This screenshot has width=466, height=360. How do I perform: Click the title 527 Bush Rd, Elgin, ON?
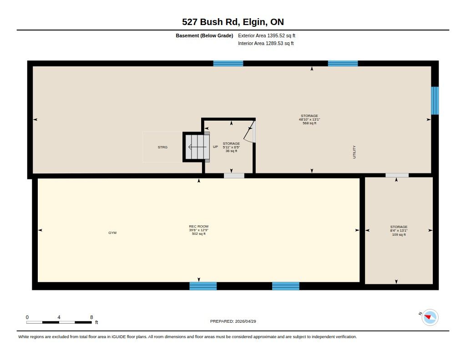click(233, 22)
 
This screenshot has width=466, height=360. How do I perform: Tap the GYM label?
click(112, 233)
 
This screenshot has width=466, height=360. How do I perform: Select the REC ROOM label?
click(199, 226)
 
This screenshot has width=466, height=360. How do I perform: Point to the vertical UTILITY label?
click(354, 152)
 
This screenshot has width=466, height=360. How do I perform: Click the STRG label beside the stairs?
click(162, 147)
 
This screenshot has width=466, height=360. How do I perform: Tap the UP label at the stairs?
click(215, 147)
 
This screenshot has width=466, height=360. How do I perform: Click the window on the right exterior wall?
click(435, 101)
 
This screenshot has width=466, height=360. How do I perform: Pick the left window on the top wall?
click(228, 63)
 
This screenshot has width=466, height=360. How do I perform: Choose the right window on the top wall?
click(343, 63)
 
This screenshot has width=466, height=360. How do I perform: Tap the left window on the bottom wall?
click(203, 286)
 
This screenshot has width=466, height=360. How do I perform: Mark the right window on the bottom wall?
click(286, 286)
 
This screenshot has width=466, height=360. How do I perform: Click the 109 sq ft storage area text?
click(399, 234)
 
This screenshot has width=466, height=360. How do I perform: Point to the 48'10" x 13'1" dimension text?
click(309, 120)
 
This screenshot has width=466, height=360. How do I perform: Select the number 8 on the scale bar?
click(91, 317)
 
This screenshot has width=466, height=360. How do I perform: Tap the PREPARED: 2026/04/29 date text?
click(233, 321)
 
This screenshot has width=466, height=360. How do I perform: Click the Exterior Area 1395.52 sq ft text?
click(267, 35)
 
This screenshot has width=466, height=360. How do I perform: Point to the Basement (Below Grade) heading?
click(204, 35)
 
